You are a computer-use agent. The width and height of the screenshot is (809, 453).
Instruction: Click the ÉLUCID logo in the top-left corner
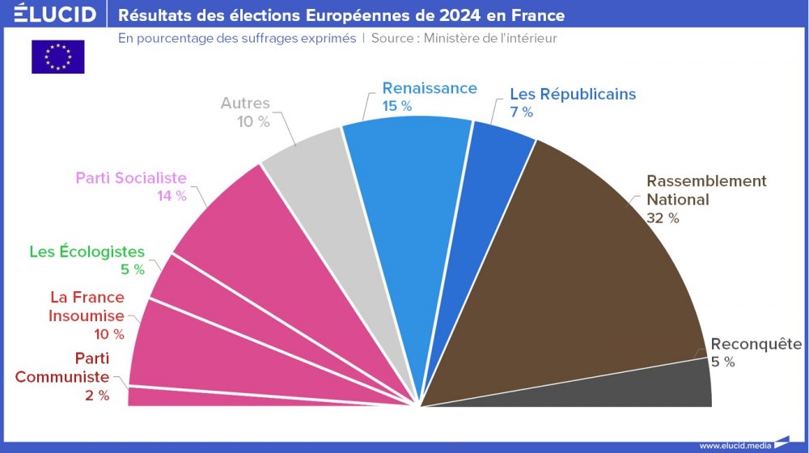49,15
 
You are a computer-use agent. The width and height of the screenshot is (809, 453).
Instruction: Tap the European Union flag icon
57,57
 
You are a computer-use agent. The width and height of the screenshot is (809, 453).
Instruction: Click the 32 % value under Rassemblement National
663,218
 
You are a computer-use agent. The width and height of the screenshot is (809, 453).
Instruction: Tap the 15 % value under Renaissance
397,106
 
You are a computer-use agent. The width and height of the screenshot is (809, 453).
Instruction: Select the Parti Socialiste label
131,178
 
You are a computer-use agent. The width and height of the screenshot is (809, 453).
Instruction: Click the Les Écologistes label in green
87,252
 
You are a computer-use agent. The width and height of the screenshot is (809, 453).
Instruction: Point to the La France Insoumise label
87,307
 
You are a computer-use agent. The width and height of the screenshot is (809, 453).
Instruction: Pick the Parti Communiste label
62,367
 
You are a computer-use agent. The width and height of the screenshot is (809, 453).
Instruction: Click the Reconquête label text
756,345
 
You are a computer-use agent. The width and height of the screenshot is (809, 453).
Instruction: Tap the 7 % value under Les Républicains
521,112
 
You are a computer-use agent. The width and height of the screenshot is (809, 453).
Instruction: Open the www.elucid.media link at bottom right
735,445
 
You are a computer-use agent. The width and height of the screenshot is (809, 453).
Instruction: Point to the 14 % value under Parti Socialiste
171,197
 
